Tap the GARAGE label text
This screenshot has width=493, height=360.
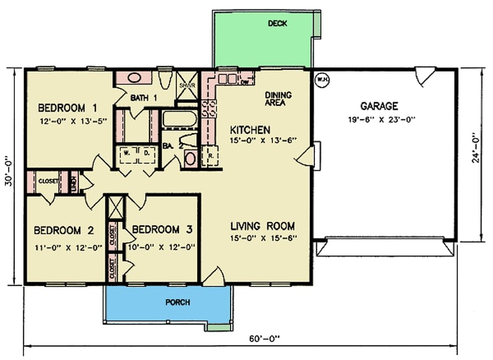click(379, 106)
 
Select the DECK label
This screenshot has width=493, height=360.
click(278, 24)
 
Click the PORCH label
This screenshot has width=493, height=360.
click(177, 303)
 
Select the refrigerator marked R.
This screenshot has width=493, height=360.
click(210, 156)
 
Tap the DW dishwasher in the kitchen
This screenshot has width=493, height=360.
click(244, 80)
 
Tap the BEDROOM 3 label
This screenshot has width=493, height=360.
click(162, 230)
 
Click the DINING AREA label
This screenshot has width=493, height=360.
click(278, 99)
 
